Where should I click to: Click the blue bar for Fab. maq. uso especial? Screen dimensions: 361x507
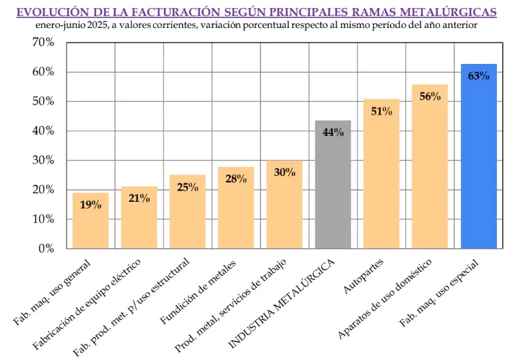point(478,160)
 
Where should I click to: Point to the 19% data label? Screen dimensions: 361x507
point(91,204)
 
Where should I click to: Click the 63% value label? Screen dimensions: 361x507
point(478,76)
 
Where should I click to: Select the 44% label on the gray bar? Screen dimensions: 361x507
point(333,133)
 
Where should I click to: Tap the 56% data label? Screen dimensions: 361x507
point(430,96)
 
